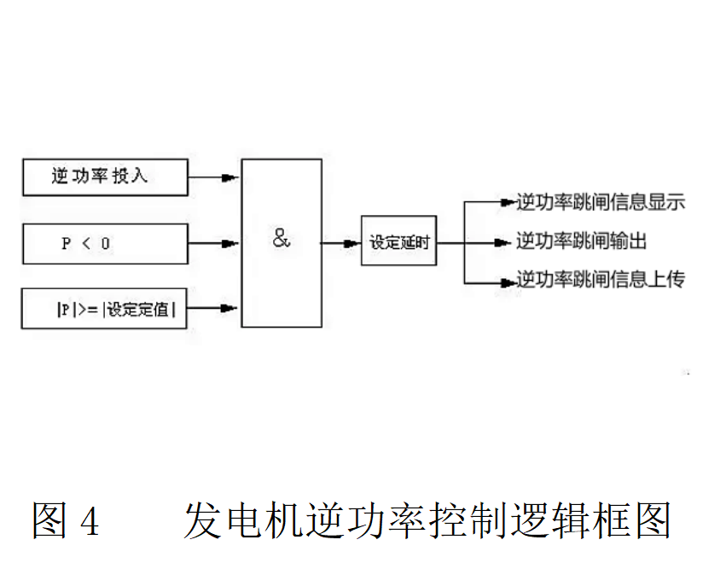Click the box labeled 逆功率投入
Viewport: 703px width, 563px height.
pyautogui.click(x=103, y=177)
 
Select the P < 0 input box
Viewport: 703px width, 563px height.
pyautogui.click(x=103, y=243)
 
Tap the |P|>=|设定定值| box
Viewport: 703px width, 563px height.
pyautogui.click(x=103, y=309)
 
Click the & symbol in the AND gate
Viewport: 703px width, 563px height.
pyautogui.click(x=282, y=240)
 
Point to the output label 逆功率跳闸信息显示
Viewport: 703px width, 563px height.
pyautogui.click(x=600, y=203)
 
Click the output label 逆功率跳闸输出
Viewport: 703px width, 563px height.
pyautogui.click(x=581, y=242)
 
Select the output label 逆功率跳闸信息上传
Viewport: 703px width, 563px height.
pyautogui.click(x=600, y=280)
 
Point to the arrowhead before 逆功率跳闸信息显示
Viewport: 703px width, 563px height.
pyautogui.click(x=505, y=203)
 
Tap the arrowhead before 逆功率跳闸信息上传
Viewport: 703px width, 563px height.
pyautogui.click(x=505, y=280)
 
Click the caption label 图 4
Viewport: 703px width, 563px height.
pyautogui.click(x=66, y=519)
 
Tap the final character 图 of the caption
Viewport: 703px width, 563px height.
pyautogui.click(x=649, y=519)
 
